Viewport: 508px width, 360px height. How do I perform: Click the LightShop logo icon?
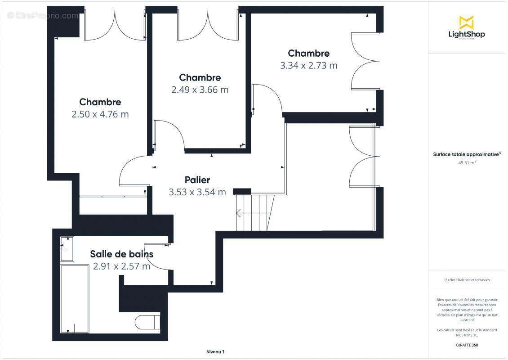click(466, 22)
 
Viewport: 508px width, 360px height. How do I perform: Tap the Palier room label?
click(197, 180)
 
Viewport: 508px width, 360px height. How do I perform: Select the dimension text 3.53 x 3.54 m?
click(197, 193)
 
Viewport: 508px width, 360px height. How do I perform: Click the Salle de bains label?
click(121, 254)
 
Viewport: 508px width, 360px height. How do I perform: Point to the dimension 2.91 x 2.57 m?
click(121, 266)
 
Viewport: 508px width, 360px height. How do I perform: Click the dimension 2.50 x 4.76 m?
click(100, 114)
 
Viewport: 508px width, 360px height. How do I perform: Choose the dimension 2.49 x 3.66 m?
click(200, 90)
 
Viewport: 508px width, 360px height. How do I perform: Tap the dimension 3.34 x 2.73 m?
click(308, 66)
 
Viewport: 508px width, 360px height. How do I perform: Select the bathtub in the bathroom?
click(74, 299)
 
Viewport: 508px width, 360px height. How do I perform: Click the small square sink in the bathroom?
click(67, 249)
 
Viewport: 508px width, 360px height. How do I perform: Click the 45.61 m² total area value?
click(467, 163)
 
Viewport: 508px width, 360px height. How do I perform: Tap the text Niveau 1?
click(215, 352)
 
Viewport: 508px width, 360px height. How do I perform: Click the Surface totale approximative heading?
click(466, 154)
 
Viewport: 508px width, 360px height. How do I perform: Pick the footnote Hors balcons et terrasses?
click(467, 280)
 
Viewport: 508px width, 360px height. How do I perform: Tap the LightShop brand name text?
click(467, 34)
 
